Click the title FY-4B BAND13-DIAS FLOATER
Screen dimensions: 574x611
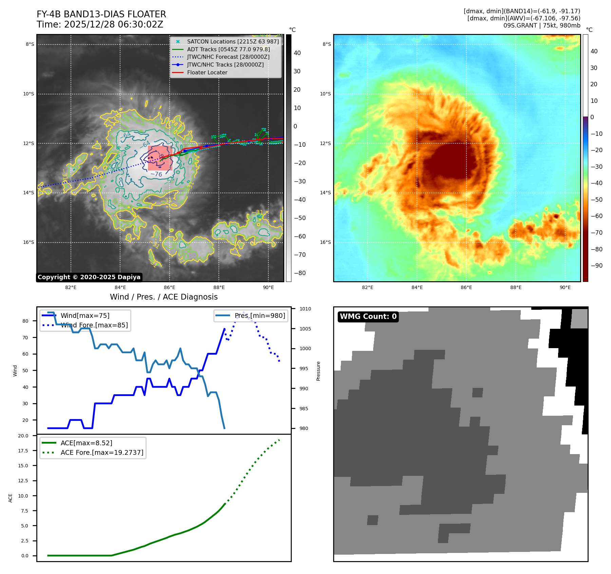point(101,14)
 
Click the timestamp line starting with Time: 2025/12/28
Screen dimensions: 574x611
point(100,24)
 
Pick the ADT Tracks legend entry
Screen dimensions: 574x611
point(228,49)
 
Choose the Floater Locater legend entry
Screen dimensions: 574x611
point(207,72)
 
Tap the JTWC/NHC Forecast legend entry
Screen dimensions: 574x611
point(228,57)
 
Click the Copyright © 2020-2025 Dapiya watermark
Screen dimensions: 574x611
point(89,277)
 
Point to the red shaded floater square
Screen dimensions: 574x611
point(160,158)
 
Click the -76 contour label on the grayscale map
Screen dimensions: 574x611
point(156,174)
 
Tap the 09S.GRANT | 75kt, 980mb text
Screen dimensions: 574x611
point(541,25)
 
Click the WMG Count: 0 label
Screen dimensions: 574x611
point(368,317)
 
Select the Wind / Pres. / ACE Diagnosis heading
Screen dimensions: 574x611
point(164,297)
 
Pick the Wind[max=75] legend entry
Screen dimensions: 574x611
point(85,316)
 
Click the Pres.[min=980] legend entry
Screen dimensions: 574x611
point(260,316)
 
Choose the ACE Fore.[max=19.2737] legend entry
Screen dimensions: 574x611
point(102,452)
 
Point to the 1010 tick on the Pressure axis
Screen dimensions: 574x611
point(305,309)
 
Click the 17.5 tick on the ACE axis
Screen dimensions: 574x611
point(23,451)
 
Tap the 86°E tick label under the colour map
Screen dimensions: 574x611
point(466,287)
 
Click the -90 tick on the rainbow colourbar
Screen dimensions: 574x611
point(596,266)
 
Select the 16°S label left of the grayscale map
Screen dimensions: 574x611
point(28,242)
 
